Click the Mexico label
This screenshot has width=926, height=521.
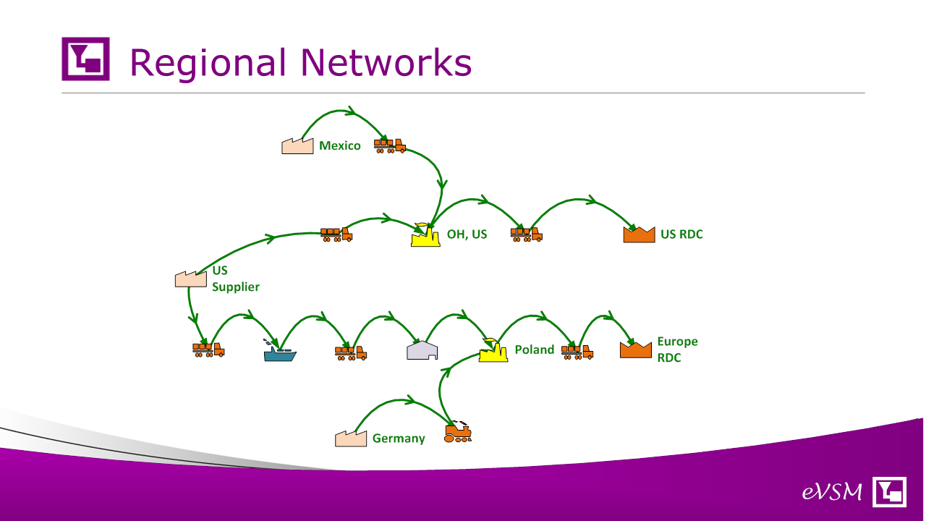(340, 145)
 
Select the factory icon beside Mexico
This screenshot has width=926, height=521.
(297, 146)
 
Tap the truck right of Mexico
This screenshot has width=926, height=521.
(390, 146)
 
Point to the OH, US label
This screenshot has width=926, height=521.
(467, 234)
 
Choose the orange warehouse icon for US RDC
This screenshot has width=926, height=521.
(639, 234)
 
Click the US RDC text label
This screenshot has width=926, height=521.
(681, 234)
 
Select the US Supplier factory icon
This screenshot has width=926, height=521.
(190, 279)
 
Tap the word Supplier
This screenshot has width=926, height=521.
(236, 287)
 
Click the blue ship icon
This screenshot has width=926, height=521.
(280, 351)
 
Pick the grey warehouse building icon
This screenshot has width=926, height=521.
(422, 350)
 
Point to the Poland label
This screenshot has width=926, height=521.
(535, 350)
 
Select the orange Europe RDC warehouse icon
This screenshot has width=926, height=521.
(636, 350)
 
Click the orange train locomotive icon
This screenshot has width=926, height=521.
(458, 432)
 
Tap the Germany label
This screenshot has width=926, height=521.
(399, 439)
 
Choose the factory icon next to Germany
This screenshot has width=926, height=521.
(351, 439)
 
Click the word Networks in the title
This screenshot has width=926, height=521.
(386, 62)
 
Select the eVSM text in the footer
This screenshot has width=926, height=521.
(832, 492)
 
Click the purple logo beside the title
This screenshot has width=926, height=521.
(85, 59)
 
